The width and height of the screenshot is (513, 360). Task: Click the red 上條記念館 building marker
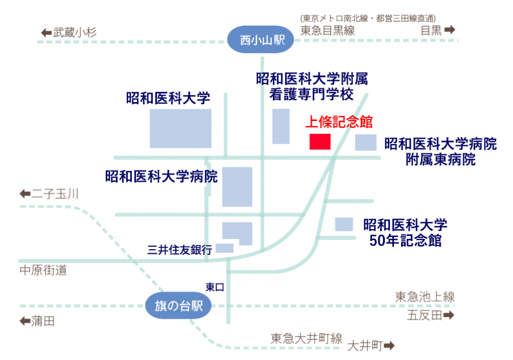(x=320, y=142)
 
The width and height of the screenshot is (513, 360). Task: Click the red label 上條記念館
(x=339, y=123)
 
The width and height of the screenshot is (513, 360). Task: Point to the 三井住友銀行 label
(x=179, y=250)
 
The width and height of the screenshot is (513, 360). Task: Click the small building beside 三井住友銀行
(x=225, y=248)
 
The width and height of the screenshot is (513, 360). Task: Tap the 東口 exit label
(x=214, y=287)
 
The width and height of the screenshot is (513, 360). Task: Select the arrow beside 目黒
(x=449, y=30)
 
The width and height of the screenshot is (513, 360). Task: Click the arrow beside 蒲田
(x=25, y=322)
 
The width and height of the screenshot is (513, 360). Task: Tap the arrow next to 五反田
(x=449, y=315)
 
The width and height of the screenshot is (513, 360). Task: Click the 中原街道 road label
(x=43, y=270)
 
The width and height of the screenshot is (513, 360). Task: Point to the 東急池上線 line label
(x=424, y=296)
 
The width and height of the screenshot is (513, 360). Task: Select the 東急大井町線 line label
(x=306, y=338)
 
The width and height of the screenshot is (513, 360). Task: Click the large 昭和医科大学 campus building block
(x=180, y=128)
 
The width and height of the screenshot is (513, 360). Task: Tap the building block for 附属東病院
(x=366, y=143)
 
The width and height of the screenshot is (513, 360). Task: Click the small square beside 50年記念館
(x=344, y=224)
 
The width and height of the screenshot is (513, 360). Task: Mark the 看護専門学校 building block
(x=281, y=126)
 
